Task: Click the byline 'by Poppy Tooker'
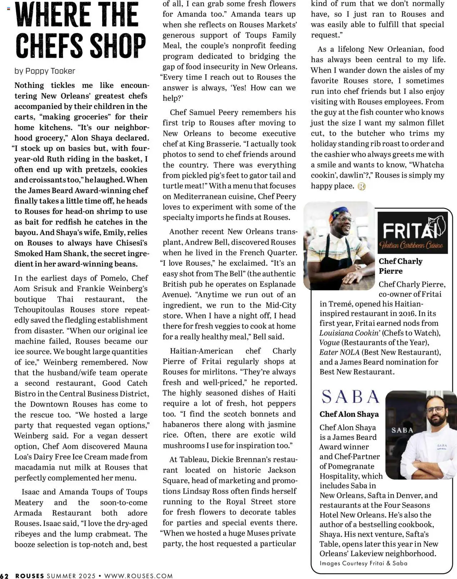[x=45, y=71]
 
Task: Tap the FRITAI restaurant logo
[x=412, y=233]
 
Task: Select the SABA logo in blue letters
[x=350, y=396]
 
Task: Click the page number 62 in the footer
[x=5, y=576]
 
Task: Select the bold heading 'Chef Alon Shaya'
[x=349, y=414]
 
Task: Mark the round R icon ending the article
[x=361, y=186]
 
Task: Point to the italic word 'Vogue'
[x=329, y=343]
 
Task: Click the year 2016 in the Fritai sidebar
[x=407, y=313]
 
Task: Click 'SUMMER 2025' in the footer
[x=71, y=576]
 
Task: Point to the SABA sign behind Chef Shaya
[x=402, y=430]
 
